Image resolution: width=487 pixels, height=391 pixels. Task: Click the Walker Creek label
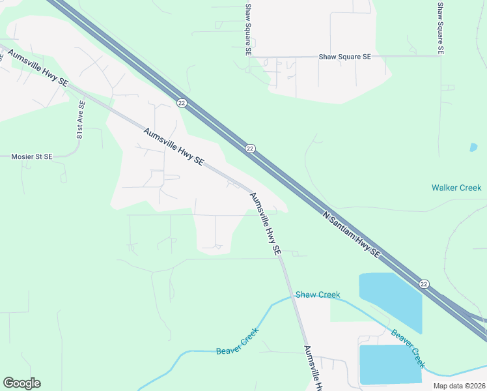coord(456,188)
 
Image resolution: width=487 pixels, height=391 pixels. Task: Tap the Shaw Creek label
coord(318,295)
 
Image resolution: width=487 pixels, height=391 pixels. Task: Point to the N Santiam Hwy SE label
coord(352,233)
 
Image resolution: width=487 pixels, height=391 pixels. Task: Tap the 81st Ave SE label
coord(80,119)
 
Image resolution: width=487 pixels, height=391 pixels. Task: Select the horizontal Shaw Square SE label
coord(344,57)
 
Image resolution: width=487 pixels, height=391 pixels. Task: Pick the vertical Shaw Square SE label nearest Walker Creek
coord(441,27)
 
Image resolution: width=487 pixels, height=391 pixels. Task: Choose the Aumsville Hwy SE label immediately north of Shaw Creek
coord(266,224)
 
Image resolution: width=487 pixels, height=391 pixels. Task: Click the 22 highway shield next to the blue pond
coord(424,283)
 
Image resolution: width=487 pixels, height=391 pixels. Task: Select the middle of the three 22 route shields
coord(250,149)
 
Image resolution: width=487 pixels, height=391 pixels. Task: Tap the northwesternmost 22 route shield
coord(181,102)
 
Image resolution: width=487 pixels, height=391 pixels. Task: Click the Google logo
coord(21,383)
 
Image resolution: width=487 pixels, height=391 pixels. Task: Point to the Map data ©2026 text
coord(458,386)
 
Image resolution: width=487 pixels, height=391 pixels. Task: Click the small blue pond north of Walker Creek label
coord(473,147)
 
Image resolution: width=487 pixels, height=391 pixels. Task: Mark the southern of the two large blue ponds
coord(390,364)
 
